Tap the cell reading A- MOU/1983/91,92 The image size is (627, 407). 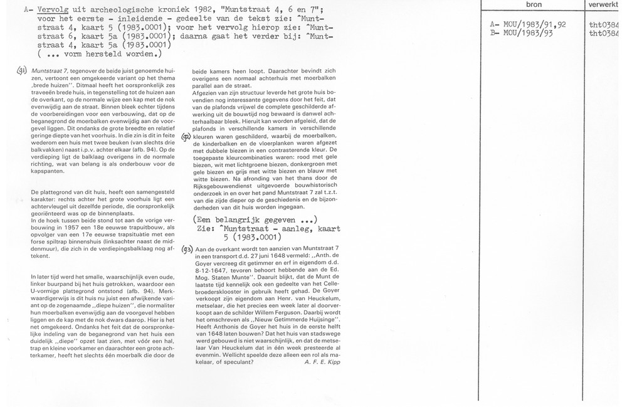coord(528,24)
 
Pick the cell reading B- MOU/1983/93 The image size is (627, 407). coord(522,33)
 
